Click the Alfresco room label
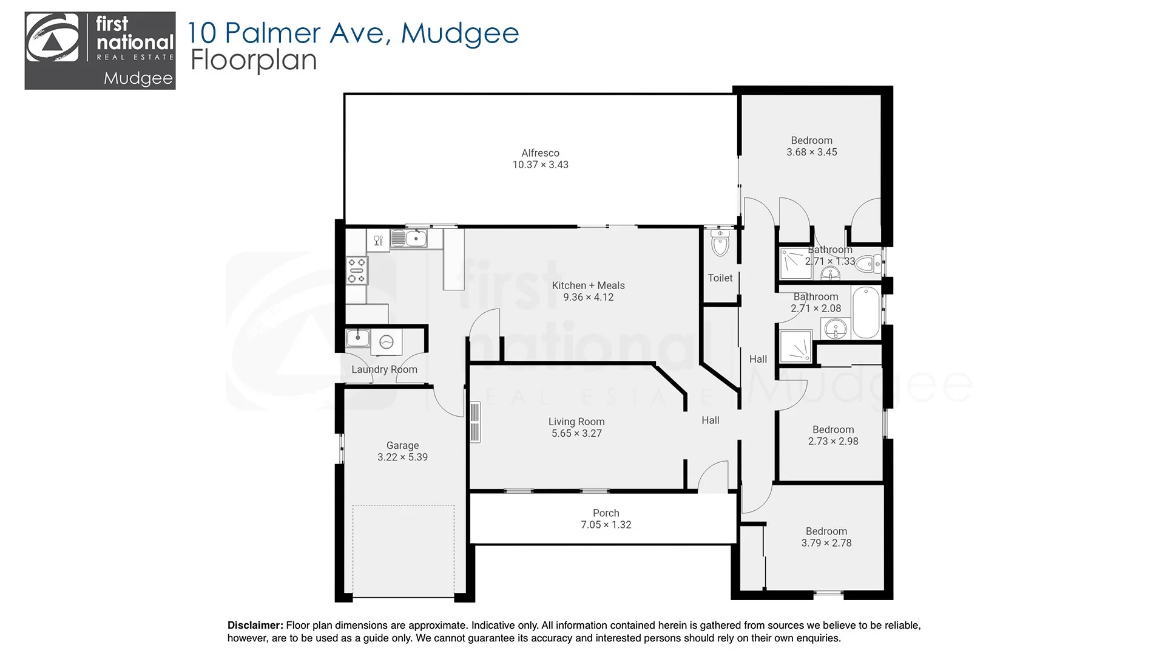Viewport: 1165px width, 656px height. pyautogui.click(x=540, y=153)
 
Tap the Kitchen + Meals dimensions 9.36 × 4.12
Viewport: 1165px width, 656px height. pyautogui.click(x=588, y=297)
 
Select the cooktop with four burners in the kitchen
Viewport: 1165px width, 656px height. pyautogui.click(x=357, y=270)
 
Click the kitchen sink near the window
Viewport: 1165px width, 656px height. pyautogui.click(x=416, y=238)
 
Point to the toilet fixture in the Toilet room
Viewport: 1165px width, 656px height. pyautogui.click(x=720, y=245)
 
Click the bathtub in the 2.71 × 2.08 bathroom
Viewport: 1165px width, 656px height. pyautogui.click(x=865, y=313)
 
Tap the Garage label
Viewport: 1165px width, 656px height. pyautogui.click(x=402, y=445)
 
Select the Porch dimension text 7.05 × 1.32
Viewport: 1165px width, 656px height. pyautogui.click(x=606, y=525)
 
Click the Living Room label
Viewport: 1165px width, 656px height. pyautogui.click(x=576, y=422)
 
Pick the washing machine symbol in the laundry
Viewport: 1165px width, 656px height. pyautogui.click(x=386, y=343)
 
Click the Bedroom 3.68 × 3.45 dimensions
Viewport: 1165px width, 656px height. pyautogui.click(x=811, y=152)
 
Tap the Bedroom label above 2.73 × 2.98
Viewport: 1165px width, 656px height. pyautogui.click(x=832, y=429)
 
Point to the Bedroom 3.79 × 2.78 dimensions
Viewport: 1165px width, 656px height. pyautogui.click(x=826, y=543)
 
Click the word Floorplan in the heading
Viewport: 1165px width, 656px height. pyautogui.click(x=254, y=60)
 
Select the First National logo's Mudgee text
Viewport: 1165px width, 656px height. pyautogui.click(x=138, y=78)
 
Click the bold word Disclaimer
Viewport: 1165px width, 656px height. pyautogui.click(x=255, y=625)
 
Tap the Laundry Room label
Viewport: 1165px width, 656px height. pyautogui.click(x=384, y=369)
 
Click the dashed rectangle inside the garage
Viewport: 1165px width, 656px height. pyautogui.click(x=403, y=550)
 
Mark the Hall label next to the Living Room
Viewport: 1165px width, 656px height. pyautogui.click(x=710, y=420)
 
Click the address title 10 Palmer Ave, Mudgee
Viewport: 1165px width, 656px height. pyautogui.click(x=353, y=33)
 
